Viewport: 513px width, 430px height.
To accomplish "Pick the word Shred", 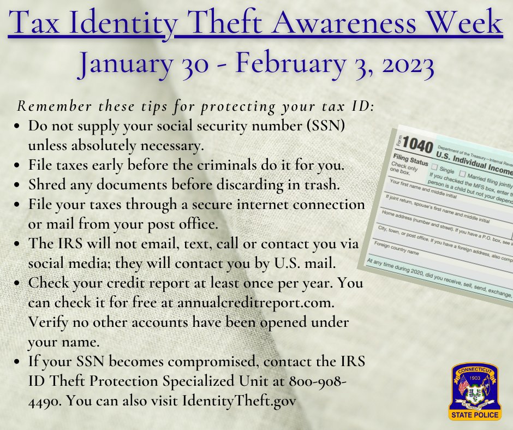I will click(x=46, y=184).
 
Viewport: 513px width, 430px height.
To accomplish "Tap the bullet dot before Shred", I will click(x=18, y=184).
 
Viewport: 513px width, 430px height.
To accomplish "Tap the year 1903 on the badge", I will click(x=474, y=378).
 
